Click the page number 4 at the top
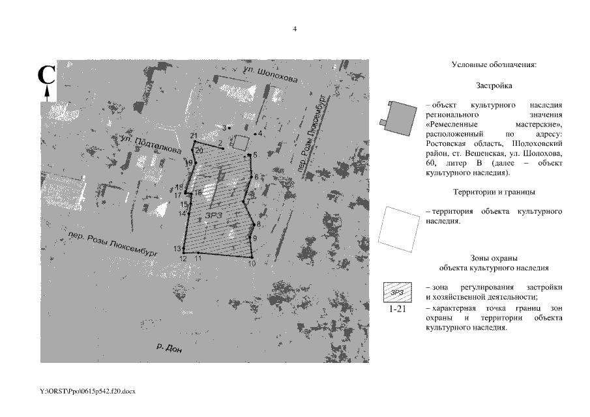click(x=295, y=29)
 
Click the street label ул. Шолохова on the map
click(x=270, y=74)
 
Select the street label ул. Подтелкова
click(x=151, y=145)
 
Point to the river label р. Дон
click(x=170, y=348)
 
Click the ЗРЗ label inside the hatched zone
click(x=214, y=215)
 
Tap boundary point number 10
click(x=252, y=257)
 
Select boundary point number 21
click(x=194, y=142)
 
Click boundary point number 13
click(x=184, y=248)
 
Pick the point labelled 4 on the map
click(x=255, y=134)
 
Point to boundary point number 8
click(x=254, y=225)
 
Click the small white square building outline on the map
click(x=241, y=143)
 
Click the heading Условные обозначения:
click(x=494, y=65)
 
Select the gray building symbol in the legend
click(x=398, y=118)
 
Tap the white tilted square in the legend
click(x=399, y=229)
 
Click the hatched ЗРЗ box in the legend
click(x=397, y=292)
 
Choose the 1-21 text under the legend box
click(x=397, y=309)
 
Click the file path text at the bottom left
click(x=87, y=392)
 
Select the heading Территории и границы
click(x=494, y=192)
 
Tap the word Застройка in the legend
click(x=494, y=86)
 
